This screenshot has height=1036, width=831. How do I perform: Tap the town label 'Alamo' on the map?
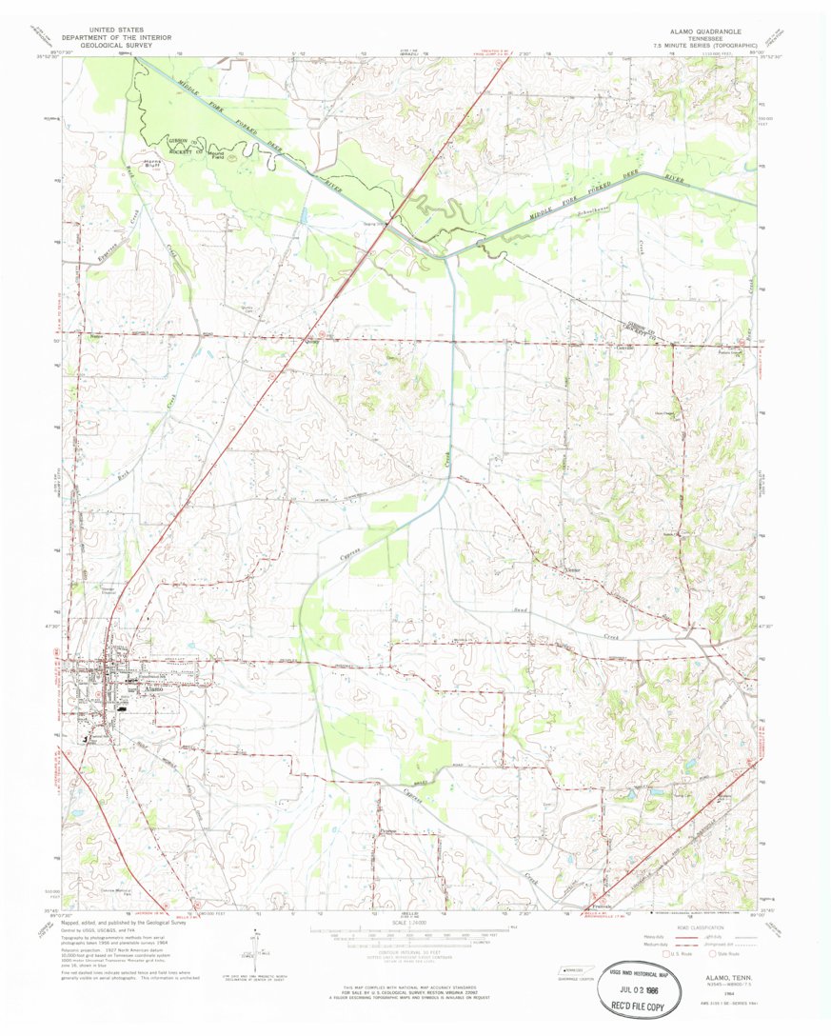pos(153,687)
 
